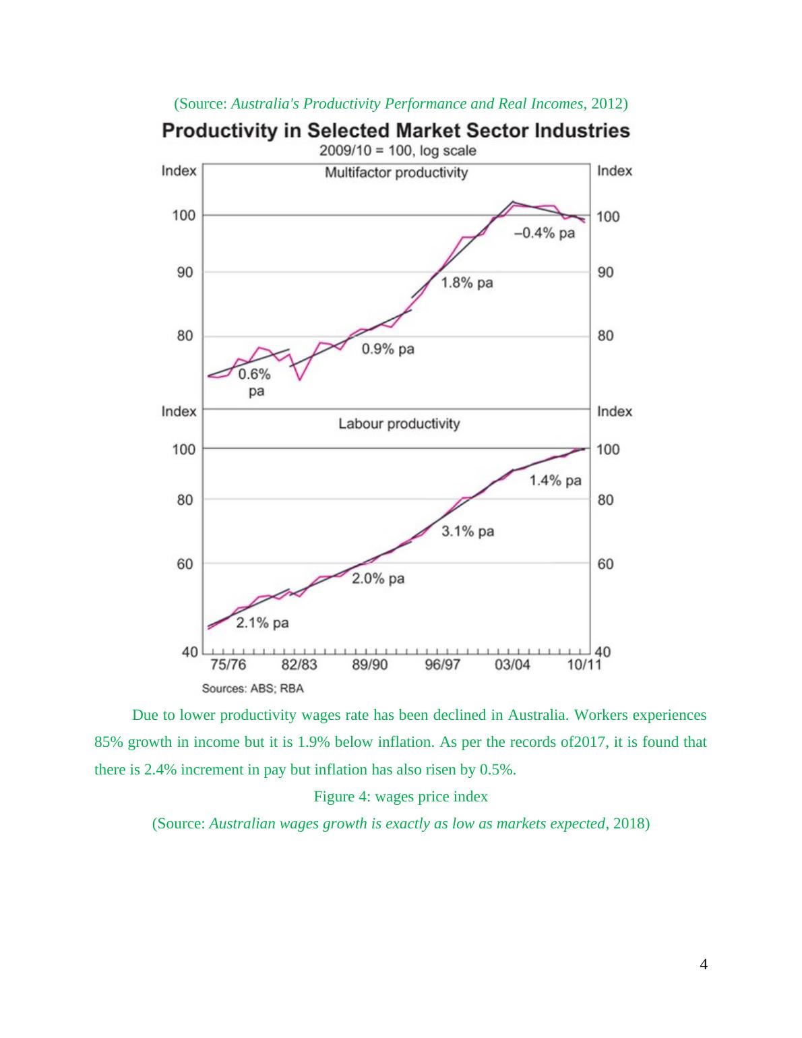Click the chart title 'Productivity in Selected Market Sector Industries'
[396, 131]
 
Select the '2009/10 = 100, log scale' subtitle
[397, 151]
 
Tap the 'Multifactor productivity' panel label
[396, 173]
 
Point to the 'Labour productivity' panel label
[399, 424]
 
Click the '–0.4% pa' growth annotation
[545, 233]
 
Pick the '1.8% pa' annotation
[467, 283]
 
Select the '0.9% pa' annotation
[388, 349]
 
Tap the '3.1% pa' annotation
[468, 532]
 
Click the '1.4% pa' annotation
[555, 481]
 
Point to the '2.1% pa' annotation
[262, 623]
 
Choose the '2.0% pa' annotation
[378, 578]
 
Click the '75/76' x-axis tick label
[228, 665]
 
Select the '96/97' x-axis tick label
[442, 665]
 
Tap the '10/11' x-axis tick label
[584, 665]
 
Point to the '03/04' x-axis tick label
[512, 665]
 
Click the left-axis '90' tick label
[185, 272]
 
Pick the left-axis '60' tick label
[185, 563]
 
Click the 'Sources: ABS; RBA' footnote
[253, 688]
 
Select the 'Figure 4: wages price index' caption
[401, 797]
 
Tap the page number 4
[704, 965]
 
